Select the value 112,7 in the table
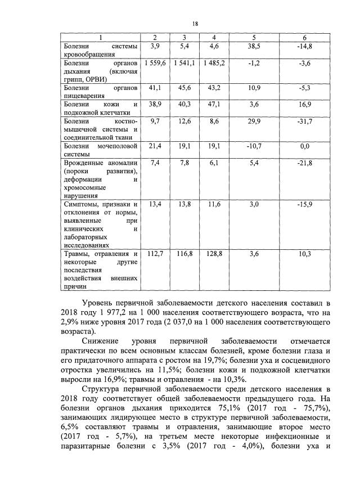point(155,255)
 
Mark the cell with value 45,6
point(184,88)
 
